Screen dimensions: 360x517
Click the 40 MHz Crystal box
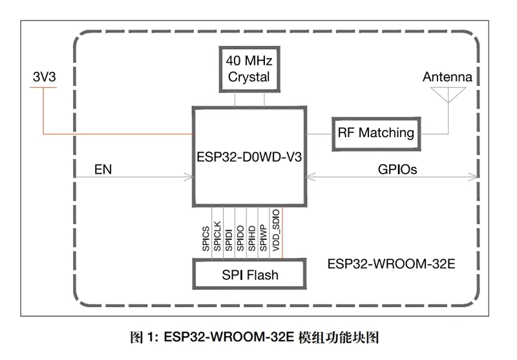tap(249, 69)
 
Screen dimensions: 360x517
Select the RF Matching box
tap(375, 133)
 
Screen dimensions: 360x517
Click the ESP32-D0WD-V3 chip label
tap(249, 157)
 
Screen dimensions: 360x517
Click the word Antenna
tap(447, 77)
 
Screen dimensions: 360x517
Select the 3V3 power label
tap(45, 77)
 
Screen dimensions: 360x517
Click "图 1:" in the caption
tap(143, 337)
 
